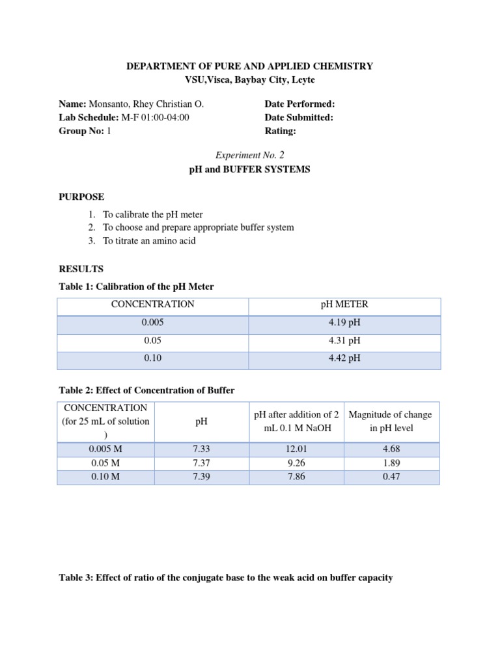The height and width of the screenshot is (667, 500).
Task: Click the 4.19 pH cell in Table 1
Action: point(344,322)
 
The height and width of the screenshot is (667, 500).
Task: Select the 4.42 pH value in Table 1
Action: point(344,358)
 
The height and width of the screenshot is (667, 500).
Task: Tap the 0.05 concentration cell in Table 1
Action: point(152,340)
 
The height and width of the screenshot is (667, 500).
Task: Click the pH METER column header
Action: point(344,304)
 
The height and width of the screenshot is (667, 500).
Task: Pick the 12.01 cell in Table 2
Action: point(296,449)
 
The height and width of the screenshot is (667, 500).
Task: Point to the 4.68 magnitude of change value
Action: point(391,449)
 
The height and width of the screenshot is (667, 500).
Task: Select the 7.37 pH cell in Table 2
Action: point(202,463)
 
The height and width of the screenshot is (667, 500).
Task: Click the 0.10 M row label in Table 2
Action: point(105,477)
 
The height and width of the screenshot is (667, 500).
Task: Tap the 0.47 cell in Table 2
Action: point(391,477)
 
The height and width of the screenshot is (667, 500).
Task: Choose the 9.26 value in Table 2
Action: point(296,463)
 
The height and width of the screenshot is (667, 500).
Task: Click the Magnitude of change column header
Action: point(391,421)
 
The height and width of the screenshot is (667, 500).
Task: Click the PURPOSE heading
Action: point(81,197)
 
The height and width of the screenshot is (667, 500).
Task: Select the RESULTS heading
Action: point(81,268)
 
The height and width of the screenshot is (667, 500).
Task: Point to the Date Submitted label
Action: point(299,117)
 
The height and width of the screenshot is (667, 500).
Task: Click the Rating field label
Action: point(280,131)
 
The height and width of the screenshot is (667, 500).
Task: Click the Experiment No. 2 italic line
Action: point(250,154)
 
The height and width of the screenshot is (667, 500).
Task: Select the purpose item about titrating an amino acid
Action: point(149,241)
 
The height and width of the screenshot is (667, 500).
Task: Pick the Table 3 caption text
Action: point(226,577)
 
